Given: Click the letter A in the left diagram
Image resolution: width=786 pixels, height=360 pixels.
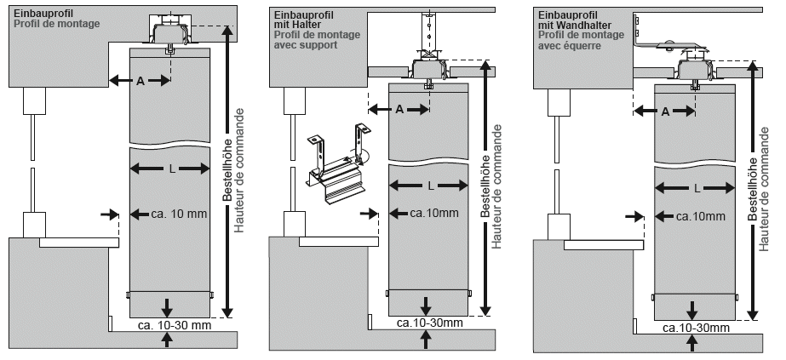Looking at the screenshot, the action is tap(141, 81).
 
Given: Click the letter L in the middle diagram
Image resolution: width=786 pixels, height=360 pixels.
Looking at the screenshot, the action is tap(431, 186).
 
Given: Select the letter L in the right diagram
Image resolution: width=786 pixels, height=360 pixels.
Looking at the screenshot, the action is tap(697, 188).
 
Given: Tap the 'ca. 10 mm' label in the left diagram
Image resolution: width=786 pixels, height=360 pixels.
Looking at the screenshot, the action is tap(179, 214).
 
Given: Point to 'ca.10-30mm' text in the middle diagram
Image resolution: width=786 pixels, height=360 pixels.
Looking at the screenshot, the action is tap(429, 323).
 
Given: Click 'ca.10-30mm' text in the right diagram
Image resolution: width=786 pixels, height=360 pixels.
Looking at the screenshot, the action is tap(696, 329).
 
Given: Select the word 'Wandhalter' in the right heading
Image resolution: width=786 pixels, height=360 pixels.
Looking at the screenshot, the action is tap(584, 25).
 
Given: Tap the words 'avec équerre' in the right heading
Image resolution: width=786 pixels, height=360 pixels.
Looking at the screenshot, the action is tap(570, 46).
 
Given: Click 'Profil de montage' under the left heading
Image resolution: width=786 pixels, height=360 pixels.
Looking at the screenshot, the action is tap(57, 24).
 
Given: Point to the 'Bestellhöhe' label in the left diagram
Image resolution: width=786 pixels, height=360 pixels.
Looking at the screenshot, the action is tap(227, 155).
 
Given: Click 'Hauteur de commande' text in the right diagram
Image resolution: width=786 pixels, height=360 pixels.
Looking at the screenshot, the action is tap(764, 189).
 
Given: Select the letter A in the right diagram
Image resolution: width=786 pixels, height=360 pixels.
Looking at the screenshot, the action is tap(665, 111).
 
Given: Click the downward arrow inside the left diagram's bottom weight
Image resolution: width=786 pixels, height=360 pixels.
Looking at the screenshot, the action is tap(168, 306).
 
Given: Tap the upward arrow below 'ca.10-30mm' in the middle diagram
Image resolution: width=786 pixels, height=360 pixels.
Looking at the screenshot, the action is tap(426, 340).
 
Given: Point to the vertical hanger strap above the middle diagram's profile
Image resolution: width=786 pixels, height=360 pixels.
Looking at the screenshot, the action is tap(427, 31).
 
